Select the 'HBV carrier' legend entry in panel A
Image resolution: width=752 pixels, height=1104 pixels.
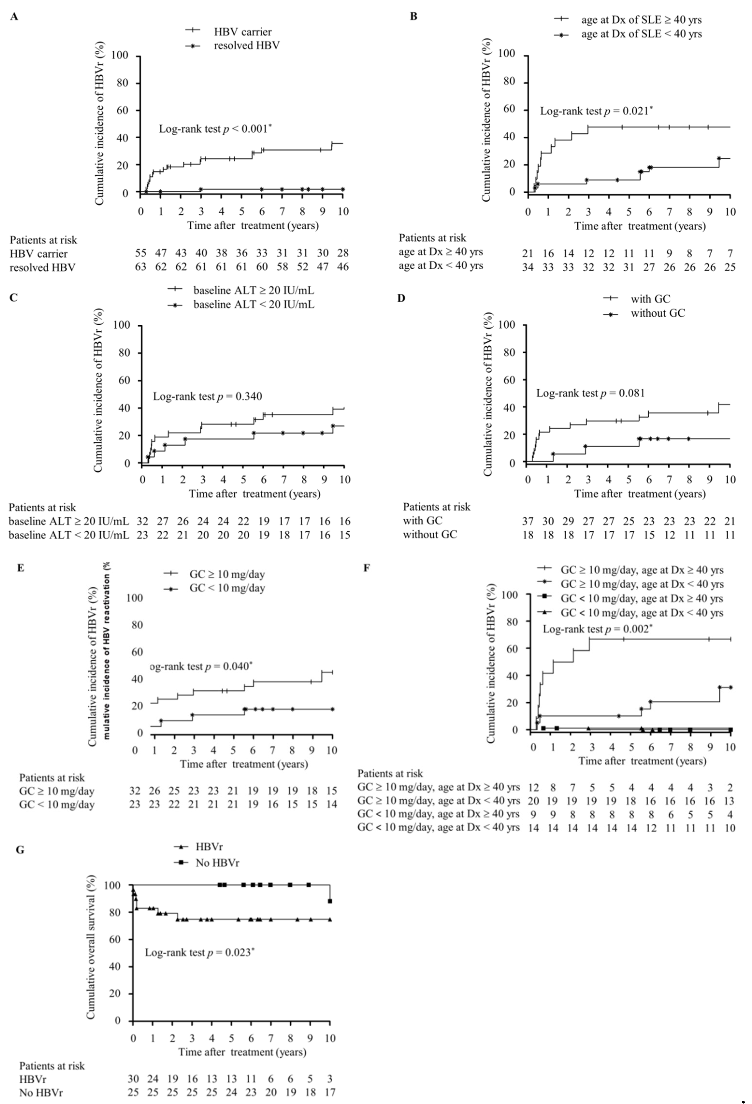click(243, 32)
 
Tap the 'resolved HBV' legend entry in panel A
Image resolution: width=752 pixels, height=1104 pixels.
click(246, 46)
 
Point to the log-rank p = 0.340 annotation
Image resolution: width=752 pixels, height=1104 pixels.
click(207, 396)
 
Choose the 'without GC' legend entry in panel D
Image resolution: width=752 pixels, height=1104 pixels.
click(657, 313)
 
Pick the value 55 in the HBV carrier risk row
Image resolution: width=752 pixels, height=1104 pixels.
click(141, 253)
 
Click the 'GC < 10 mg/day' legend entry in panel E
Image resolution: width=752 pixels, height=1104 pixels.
click(227, 588)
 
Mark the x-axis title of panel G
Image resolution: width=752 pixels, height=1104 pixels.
click(243, 1052)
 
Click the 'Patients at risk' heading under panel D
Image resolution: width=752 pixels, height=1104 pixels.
click(436, 507)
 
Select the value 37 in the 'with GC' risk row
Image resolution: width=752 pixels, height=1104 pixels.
click(528, 521)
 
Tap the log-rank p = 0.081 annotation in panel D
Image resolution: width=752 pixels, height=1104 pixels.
click(590, 393)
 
